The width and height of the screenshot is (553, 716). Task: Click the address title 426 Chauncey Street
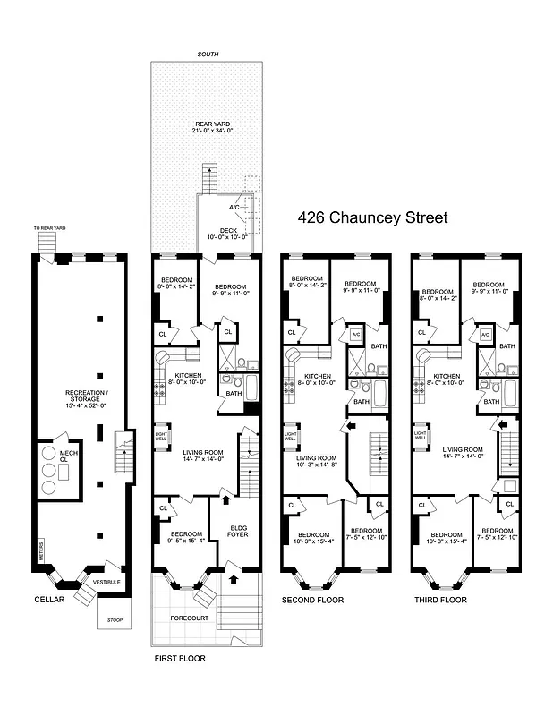(371, 217)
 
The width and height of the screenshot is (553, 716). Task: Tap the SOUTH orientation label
(208, 55)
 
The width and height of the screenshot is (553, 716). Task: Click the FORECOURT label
(182, 618)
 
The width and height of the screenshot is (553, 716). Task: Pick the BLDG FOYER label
(238, 531)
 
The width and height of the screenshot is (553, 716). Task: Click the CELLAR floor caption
(50, 599)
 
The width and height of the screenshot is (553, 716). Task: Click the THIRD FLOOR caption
(439, 599)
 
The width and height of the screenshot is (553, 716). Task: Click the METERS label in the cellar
(41, 551)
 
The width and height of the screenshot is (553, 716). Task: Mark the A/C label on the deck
(234, 207)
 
